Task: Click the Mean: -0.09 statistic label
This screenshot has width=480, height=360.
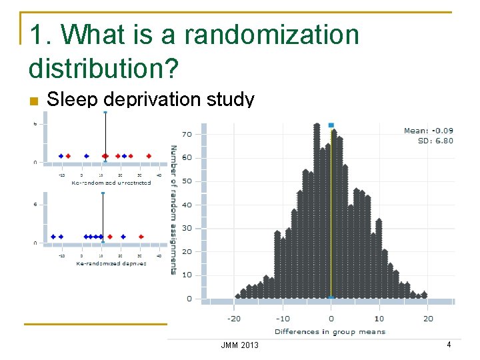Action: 428,131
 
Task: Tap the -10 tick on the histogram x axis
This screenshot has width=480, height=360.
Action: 282,318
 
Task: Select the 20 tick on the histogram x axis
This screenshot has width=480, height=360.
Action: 428,318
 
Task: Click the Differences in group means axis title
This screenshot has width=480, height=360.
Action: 329,331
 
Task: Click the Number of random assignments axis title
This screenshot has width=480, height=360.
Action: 174,210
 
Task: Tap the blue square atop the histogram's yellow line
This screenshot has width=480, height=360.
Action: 331,125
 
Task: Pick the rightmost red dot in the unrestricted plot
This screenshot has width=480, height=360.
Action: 149,156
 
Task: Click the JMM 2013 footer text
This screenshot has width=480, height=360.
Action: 239,345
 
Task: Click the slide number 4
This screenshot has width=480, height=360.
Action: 449,345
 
